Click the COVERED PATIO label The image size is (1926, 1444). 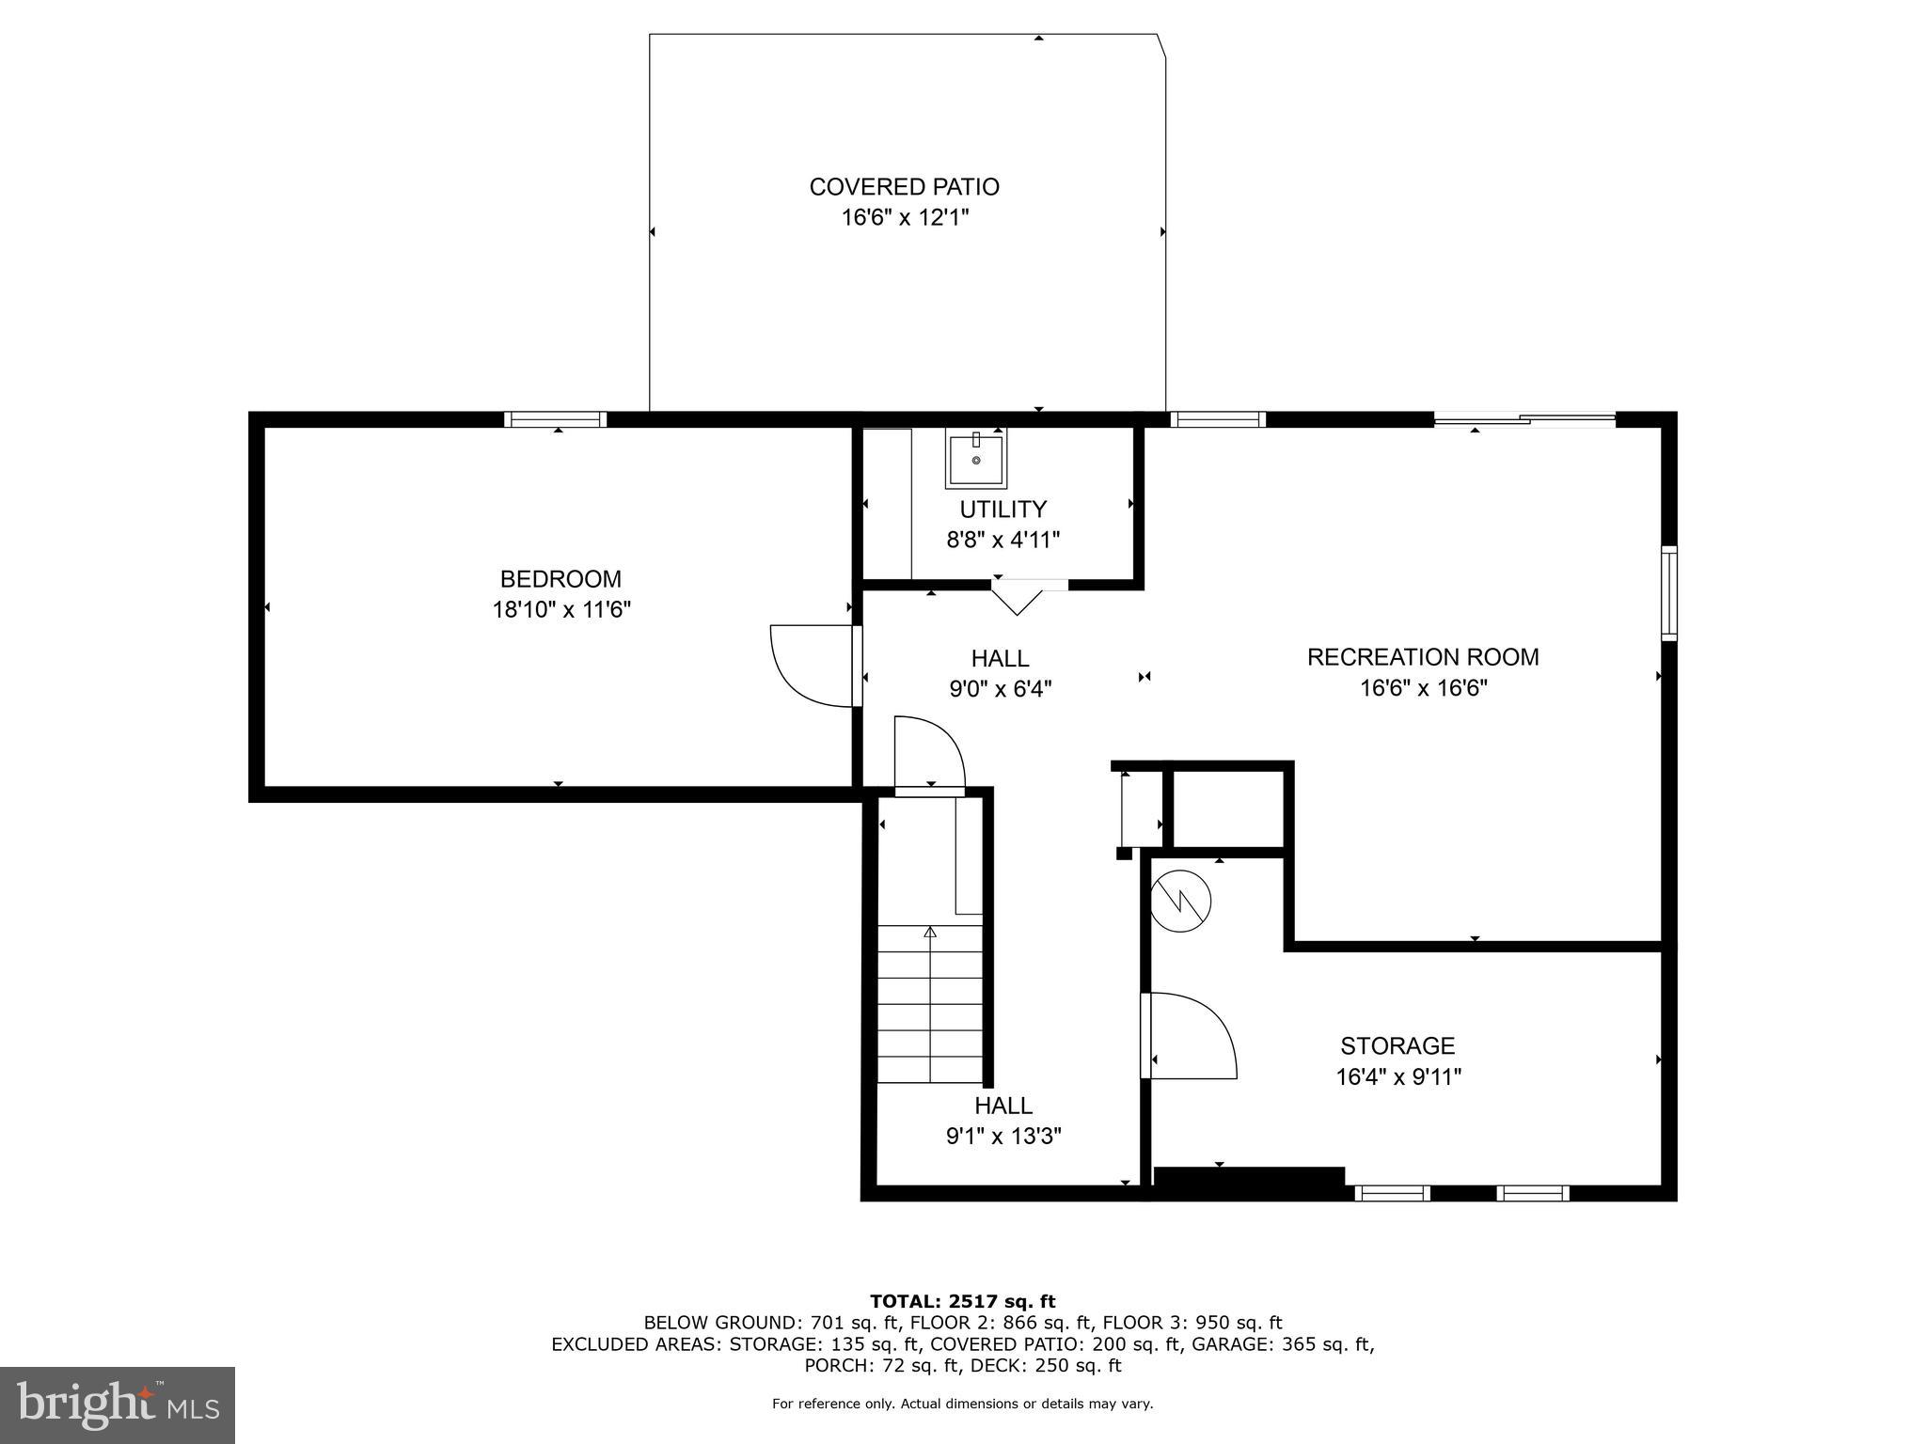pos(904,187)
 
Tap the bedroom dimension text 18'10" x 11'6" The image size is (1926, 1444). pos(561,610)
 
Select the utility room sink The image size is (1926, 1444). pos(975,459)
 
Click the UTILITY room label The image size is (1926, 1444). pos(1002,510)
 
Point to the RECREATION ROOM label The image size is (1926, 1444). pos(1422,657)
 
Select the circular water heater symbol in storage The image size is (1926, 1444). pos(1181,902)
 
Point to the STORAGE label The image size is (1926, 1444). pos(1397,1045)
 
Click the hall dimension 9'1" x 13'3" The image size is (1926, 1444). pos(1003,1137)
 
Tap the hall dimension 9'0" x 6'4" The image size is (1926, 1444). pos(1000,689)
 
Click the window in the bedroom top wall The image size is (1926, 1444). pos(555,419)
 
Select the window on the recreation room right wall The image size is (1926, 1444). pos(1668,593)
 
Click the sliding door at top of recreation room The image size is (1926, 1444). pos(1523,419)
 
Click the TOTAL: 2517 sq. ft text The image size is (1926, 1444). pos(962,1301)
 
